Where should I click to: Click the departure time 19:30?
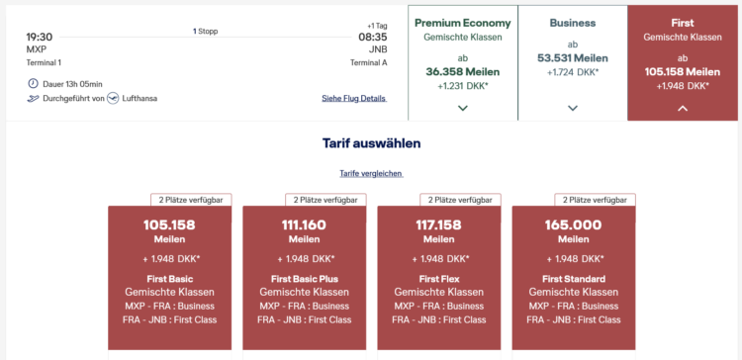tap(40, 37)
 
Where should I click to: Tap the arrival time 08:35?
tap(373, 37)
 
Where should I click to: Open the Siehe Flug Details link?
tap(354, 98)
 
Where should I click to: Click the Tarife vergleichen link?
tap(371, 174)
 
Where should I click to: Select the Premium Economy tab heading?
tap(463, 23)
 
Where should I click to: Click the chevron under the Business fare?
tap(573, 109)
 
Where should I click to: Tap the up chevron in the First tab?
tap(683, 109)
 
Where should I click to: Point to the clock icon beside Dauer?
tap(33, 84)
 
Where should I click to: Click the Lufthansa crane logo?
tap(113, 98)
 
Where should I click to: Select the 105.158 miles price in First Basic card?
tap(169, 225)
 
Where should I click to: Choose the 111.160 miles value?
tap(305, 225)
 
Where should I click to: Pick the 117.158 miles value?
tap(438, 225)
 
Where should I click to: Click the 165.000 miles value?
tap(574, 225)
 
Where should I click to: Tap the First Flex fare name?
tap(438, 279)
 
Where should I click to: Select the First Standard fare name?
tap(574, 279)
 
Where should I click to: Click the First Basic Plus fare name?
tap(305, 279)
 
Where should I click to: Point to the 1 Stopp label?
tap(206, 32)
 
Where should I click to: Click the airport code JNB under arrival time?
tap(378, 49)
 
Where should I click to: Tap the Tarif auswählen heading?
tap(371, 143)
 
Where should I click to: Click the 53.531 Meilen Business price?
tap(573, 58)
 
